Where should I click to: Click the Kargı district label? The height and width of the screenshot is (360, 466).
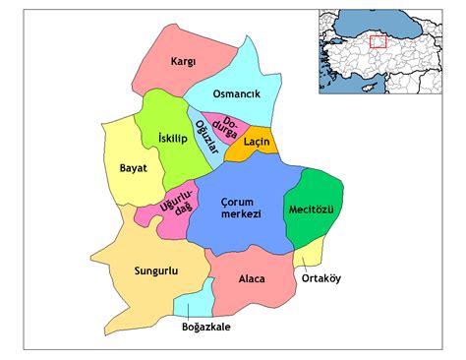(184, 61)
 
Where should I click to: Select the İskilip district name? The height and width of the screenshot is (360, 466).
(172, 140)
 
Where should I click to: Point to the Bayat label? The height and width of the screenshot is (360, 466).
(133, 168)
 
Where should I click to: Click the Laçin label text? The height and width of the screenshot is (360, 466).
(257, 144)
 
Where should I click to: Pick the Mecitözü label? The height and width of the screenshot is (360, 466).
(313, 210)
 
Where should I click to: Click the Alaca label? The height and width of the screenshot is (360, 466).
(252, 278)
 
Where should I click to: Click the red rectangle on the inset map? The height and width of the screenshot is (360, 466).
(378, 41)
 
